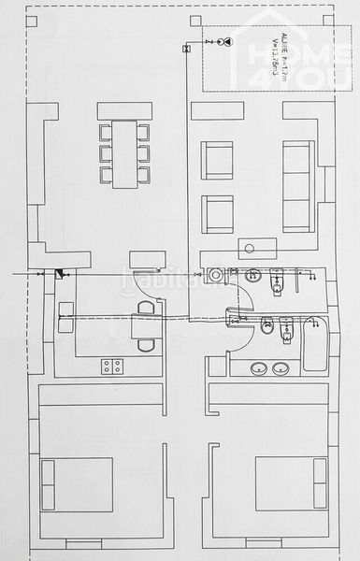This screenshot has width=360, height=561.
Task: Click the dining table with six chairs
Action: pyautogui.click(x=124, y=152)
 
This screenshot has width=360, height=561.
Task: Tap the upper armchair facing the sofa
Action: pyautogui.click(x=217, y=160)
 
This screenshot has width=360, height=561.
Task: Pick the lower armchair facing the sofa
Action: pyautogui.click(x=217, y=214)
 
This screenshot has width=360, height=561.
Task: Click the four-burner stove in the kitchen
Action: pyautogui.click(x=112, y=366)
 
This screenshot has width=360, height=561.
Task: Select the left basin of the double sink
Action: pyautogui.click(x=258, y=367)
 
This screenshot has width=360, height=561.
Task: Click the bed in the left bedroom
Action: pyautogui.click(x=78, y=483)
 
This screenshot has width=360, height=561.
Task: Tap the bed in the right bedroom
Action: pyautogui.click(x=290, y=483)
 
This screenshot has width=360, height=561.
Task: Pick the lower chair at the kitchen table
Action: pyautogui.click(x=146, y=344)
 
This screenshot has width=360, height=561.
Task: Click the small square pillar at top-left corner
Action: pyautogui.click(x=31, y=20)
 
